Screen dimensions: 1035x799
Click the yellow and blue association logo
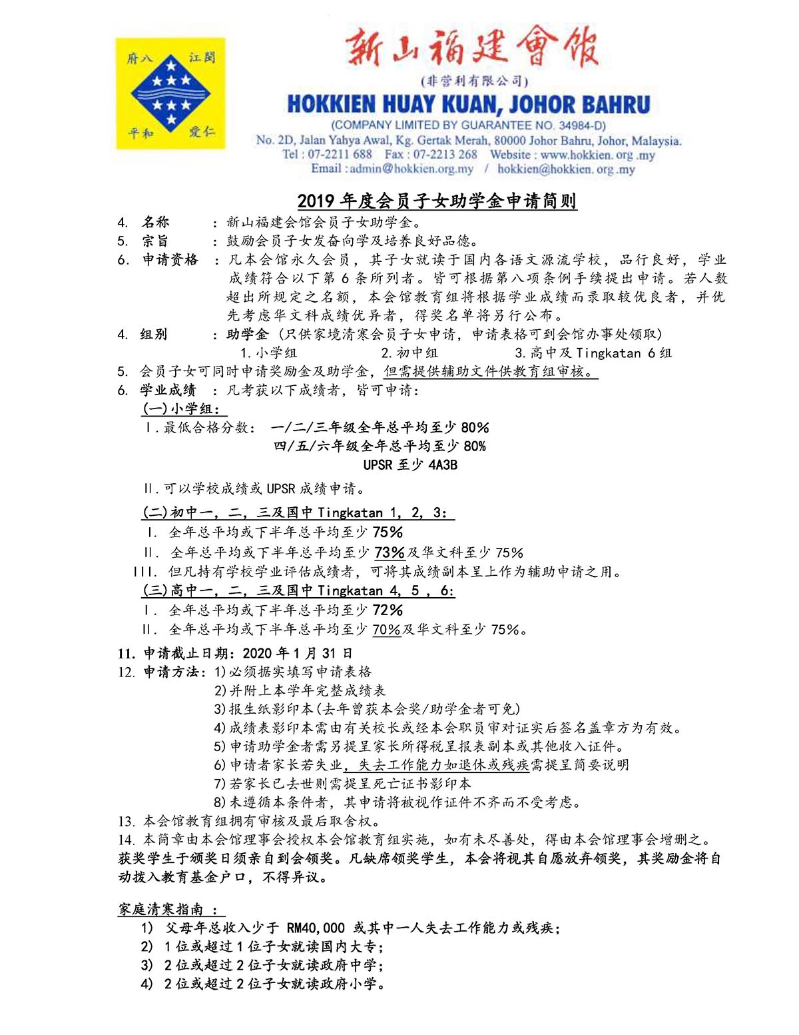tap(171, 93)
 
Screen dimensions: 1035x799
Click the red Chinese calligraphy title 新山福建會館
tap(471, 48)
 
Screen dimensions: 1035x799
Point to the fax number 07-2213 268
tap(445, 155)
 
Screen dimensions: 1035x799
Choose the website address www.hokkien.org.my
tap(597, 155)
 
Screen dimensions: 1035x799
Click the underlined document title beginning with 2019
tap(437, 201)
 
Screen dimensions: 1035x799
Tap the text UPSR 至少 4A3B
tap(410, 465)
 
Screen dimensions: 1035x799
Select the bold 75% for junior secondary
tap(388, 532)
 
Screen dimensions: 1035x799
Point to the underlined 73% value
tap(390, 552)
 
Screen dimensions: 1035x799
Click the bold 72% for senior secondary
tap(388, 610)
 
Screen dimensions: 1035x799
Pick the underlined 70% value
tap(386, 630)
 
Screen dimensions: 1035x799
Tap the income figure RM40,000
tap(316, 928)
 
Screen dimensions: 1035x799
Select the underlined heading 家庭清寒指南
tap(170, 910)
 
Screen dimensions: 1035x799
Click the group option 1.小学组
tap(268, 353)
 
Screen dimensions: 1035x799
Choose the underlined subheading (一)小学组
tap(180, 409)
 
